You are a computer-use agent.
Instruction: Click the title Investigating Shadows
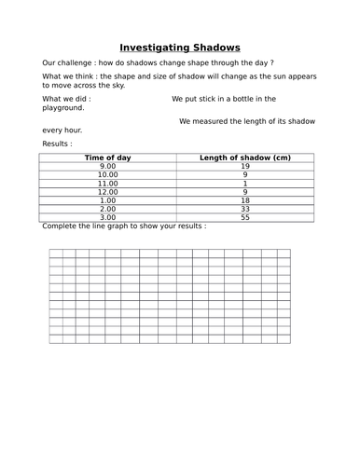180,47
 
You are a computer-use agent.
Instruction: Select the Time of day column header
108,158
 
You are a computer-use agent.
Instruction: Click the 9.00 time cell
108,166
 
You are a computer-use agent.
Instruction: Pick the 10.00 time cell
108,174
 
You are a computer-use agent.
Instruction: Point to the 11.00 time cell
108,183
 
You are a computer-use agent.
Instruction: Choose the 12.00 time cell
108,191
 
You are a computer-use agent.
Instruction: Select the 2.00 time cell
108,209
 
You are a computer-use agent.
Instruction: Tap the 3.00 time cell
108,217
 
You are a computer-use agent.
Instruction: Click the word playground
63,108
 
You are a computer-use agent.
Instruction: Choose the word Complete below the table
62,226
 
